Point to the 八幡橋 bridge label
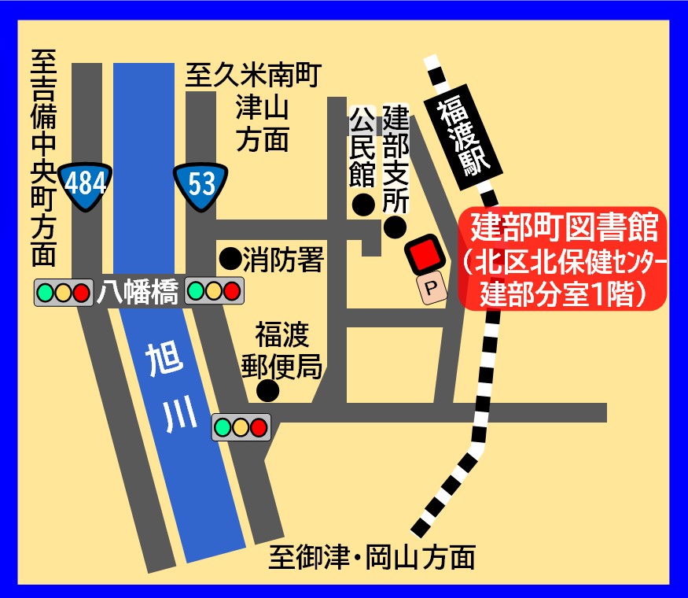135,293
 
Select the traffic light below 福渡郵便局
241,427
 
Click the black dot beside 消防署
230,257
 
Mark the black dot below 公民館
362,205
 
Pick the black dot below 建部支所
395,228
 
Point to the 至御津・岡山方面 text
372,558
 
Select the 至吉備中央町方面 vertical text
44,157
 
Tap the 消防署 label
283,259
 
